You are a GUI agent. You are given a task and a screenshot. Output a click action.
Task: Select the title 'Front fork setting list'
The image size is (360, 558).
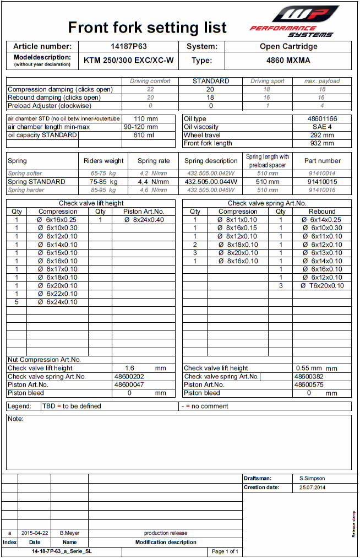(147, 28)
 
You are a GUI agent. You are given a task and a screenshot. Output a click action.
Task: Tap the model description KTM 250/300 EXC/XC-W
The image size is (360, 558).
(129, 61)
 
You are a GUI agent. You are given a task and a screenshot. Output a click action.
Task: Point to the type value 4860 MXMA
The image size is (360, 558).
(288, 61)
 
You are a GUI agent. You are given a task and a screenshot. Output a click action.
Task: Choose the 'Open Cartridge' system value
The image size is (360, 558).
(288, 46)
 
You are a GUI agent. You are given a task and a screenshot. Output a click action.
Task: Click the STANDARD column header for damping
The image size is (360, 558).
(211, 81)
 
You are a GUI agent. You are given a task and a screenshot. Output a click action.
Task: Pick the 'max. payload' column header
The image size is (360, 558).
(322, 81)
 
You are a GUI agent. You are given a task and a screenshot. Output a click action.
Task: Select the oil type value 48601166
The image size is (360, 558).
(322, 118)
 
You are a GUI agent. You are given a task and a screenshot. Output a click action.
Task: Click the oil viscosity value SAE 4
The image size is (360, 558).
(322, 127)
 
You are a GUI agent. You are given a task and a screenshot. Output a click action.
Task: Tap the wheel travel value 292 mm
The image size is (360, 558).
(322, 135)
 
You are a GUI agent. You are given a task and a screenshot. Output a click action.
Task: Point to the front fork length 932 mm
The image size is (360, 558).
(322, 143)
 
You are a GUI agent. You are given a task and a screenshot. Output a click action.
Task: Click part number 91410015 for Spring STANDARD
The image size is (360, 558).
(322, 181)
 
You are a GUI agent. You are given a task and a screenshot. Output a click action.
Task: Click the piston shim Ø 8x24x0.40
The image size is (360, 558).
(144, 220)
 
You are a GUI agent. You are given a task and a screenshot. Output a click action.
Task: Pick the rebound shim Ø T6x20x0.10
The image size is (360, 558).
(322, 286)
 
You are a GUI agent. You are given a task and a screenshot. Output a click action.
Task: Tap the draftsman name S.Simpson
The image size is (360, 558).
(313, 479)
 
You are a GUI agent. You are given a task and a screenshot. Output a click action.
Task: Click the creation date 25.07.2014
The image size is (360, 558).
(313, 487)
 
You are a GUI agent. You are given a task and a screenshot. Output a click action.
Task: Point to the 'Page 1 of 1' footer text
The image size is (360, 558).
(225, 551)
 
